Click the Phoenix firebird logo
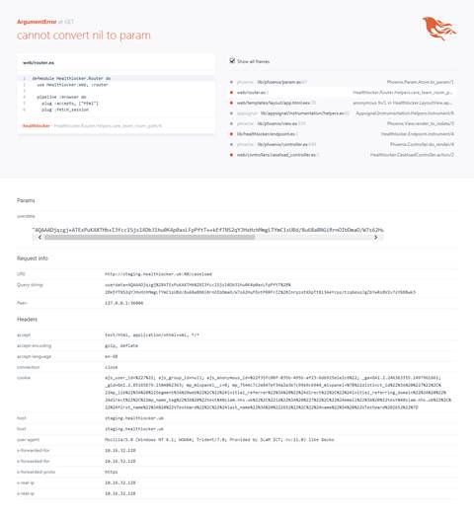(x=436, y=28)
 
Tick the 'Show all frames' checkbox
(x=232, y=60)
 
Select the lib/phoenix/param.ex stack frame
(x=281, y=82)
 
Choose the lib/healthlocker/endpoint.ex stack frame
(x=280, y=133)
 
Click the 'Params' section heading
(x=26, y=200)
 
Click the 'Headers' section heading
(x=27, y=319)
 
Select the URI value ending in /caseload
(x=147, y=273)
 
